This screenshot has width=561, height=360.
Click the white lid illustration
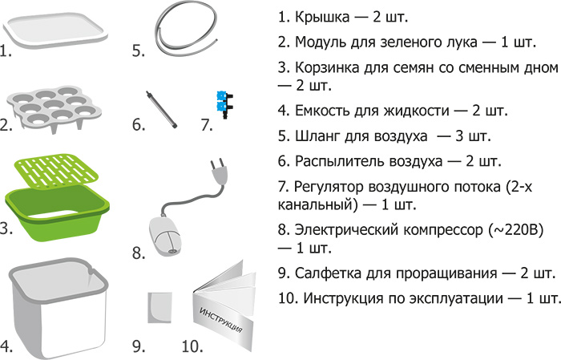click(x=55, y=30)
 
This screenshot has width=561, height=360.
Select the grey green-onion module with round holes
click(x=54, y=107)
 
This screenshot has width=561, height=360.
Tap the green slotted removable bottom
click(x=56, y=171)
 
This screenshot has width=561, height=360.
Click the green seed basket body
click(x=57, y=212)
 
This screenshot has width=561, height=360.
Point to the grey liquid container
click(x=58, y=308)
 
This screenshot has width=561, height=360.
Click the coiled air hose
click(x=186, y=30)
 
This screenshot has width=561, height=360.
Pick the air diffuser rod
click(x=161, y=110)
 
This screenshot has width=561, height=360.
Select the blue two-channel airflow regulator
click(x=224, y=104)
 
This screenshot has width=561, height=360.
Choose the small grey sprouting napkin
click(x=159, y=308)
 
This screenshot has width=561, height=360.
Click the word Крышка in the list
click(x=322, y=17)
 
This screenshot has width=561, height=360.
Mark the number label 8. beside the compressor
click(x=139, y=253)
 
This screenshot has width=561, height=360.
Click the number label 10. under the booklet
click(x=192, y=346)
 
